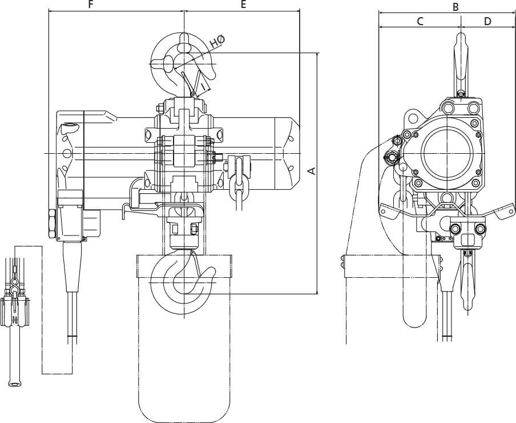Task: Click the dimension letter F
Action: coord(91,5)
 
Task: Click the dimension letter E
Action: coord(243,5)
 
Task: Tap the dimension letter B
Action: coord(455,7)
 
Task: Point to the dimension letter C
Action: coord(420,21)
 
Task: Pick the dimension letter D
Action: coord(487,21)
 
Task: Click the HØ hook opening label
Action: coord(217,41)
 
